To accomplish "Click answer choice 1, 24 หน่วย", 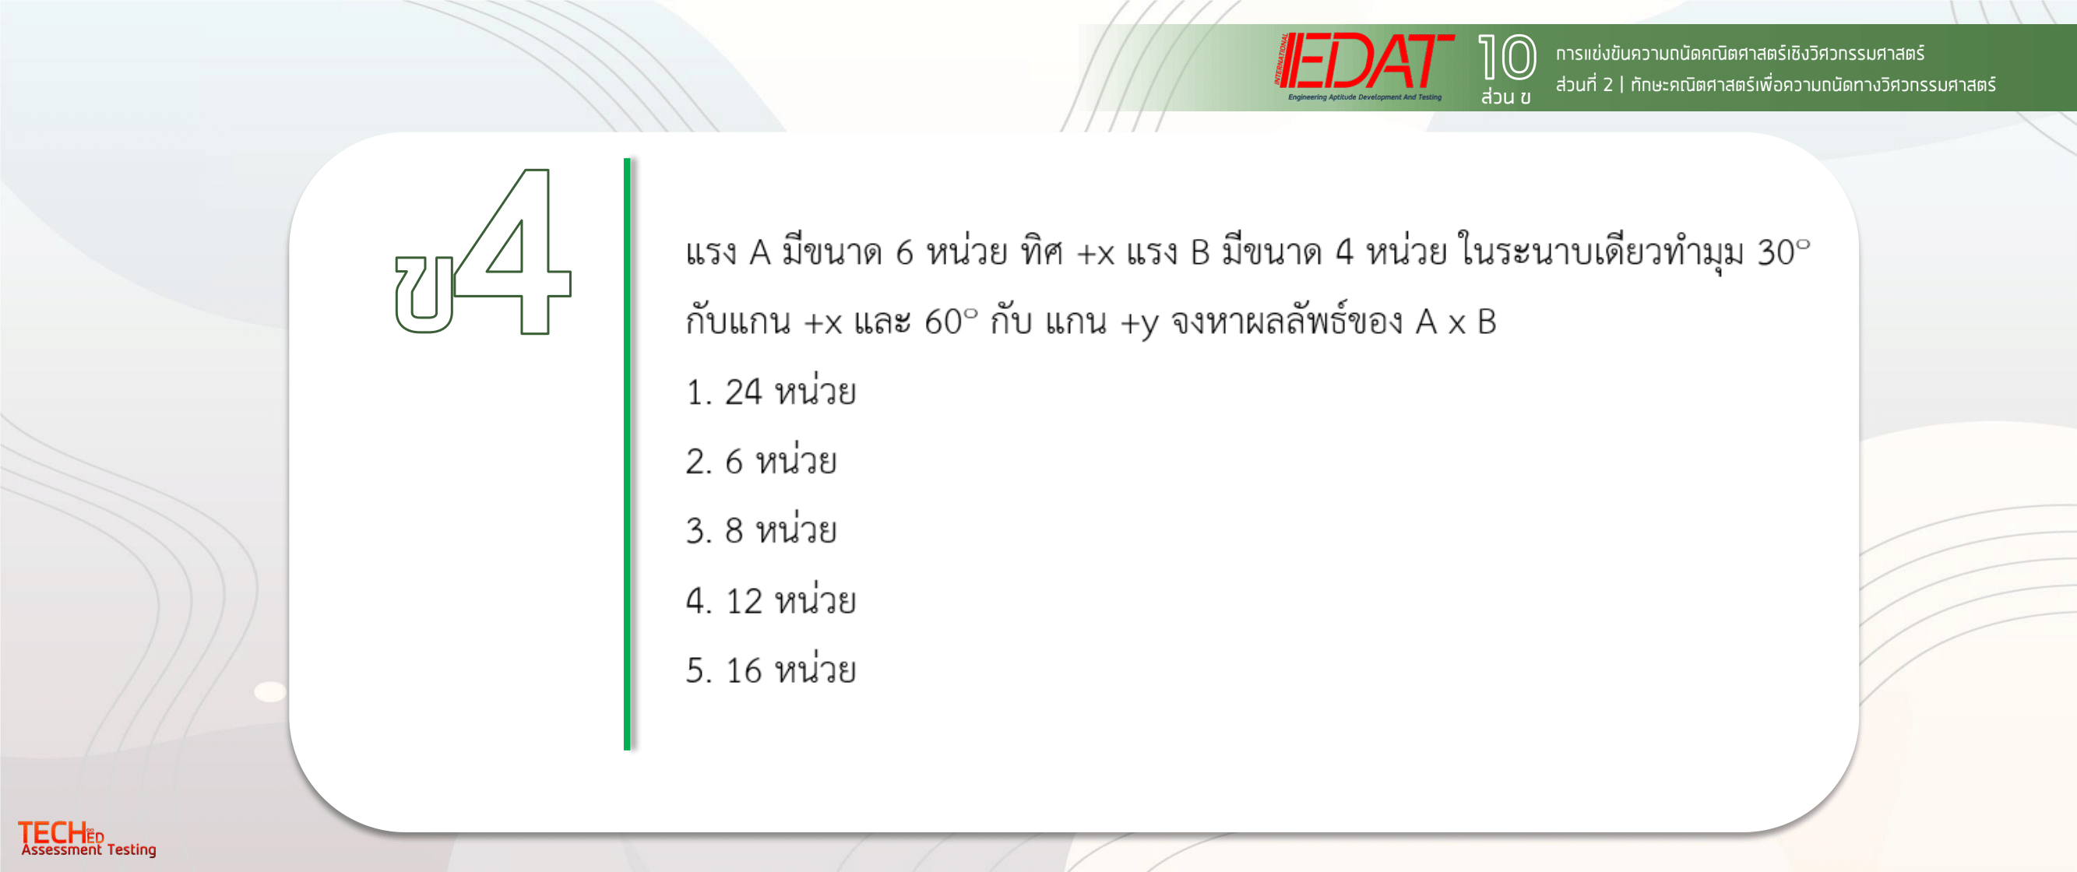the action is click(771, 392).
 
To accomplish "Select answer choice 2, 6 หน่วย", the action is click(761, 461).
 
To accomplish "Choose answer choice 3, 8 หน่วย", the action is click(761, 530).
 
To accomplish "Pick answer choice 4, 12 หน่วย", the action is click(771, 600).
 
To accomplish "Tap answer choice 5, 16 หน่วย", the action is click(771, 670).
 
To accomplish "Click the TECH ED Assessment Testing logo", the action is click(87, 839).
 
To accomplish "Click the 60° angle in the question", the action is click(951, 322).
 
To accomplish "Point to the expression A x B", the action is click(1456, 322).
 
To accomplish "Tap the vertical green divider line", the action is click(626, 454).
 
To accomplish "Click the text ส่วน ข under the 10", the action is click(1505, 97).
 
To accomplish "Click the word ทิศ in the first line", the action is click(1042, 251).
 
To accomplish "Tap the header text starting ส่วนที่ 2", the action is click(1776, 85).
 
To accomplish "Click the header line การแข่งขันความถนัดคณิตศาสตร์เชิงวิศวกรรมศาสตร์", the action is click(1740, 53).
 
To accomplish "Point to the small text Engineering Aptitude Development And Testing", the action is click(1364, 97).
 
